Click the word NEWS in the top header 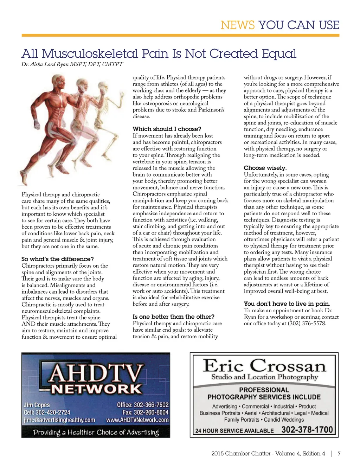[x=237, y=25]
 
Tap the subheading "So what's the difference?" [x=58, y=259]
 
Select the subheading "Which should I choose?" [x=167, y=129]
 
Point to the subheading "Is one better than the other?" [x=173, y=317]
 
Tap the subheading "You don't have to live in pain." [x=287, y=304]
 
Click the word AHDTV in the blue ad [x=96, y=373]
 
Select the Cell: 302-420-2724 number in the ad [x=47, y=412]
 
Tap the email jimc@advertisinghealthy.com [x=59, y=420]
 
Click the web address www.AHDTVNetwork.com [x=137, y=420]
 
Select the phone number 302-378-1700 [x=307, y=430]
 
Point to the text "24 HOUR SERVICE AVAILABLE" [x=234, y=430]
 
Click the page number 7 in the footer [x=339, y=454]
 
